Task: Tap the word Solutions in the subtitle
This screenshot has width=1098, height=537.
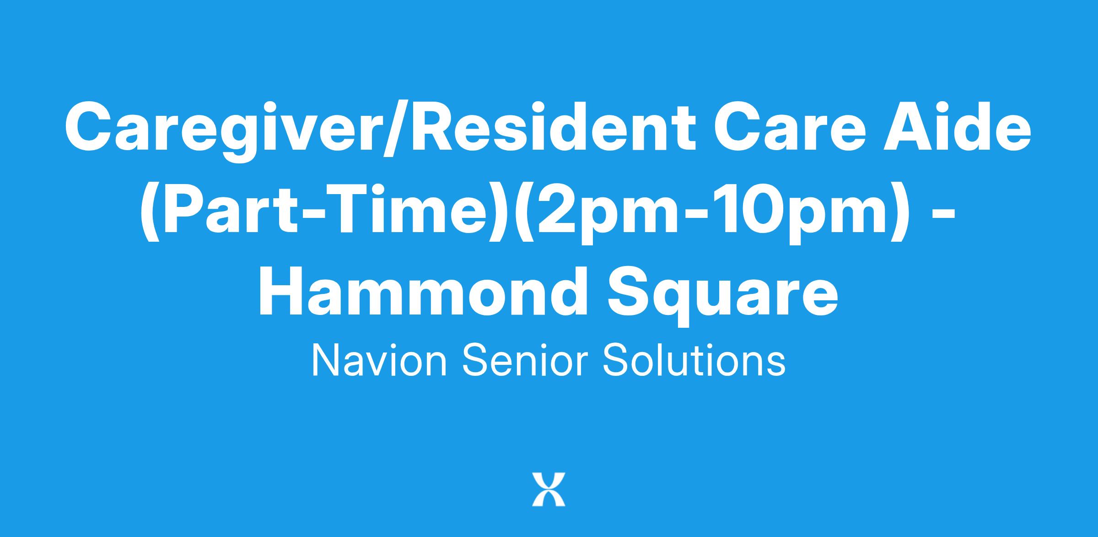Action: pyautogui.click(x=694, y=361)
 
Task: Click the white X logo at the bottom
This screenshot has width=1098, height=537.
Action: pyautogui.click(x=549, y=489)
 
